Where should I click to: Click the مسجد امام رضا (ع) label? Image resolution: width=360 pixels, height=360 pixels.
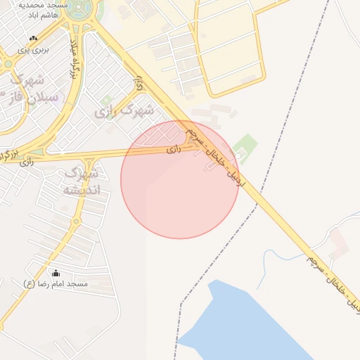point(56,284)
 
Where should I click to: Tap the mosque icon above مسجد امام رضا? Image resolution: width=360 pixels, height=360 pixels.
point(56,274)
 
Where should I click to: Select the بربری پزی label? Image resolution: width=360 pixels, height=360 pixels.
point(33,49)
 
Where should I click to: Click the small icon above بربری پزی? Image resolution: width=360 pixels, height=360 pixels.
point(33,38)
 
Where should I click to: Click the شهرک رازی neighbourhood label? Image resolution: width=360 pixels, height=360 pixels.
point(127,110)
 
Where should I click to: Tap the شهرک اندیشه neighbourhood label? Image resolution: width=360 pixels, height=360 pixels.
point(82,181)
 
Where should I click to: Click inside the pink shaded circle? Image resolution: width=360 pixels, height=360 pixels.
point(179,190)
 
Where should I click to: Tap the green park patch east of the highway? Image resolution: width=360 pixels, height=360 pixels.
point(245,148)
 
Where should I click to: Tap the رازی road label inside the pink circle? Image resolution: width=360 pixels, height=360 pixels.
point(173,149)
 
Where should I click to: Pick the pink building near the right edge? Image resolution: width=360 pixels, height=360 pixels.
point(340,243)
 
